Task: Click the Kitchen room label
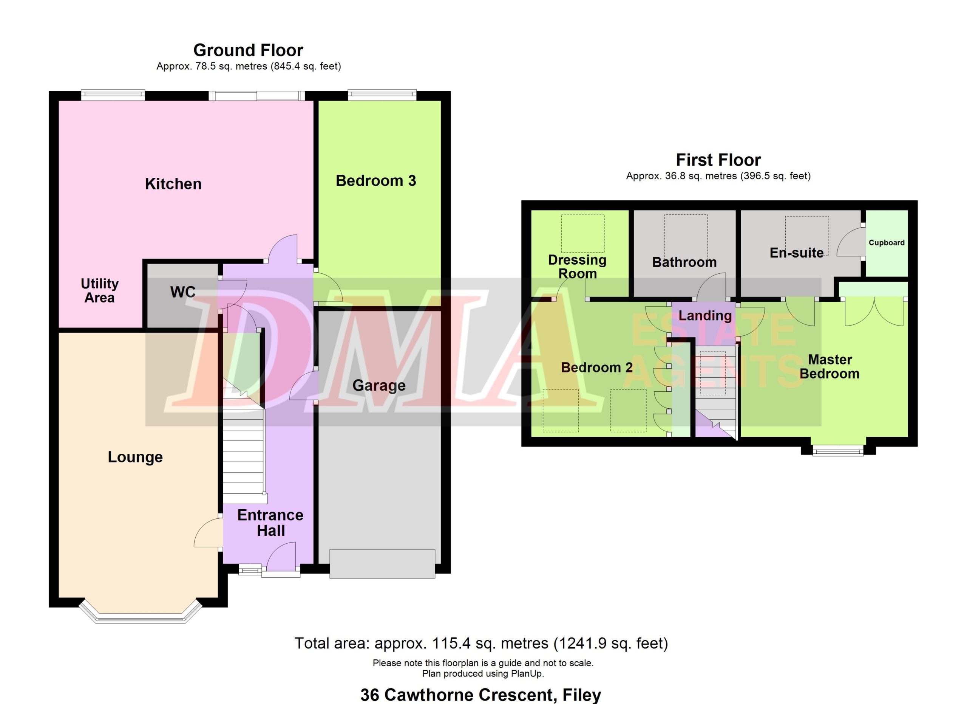(173, 184)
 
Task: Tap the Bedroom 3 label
(375, 181)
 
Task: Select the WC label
(183, 292)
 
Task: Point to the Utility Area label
(99, 290)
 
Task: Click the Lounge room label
(135, 457)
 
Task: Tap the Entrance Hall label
(270, 523)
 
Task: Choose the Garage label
(379, 386)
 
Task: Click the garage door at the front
(382, 564)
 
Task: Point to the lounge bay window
(140, 615)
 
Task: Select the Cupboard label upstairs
(887, 243)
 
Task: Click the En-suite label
(797, 253)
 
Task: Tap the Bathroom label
(684, 262)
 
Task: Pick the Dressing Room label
(577, 267)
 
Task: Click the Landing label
(705, 316)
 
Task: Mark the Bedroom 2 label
(596, 368)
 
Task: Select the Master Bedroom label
(829, 366)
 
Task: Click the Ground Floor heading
(248, 50)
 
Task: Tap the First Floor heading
(718, 160)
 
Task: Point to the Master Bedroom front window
(838, 451)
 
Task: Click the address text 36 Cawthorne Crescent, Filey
(480, 695)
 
